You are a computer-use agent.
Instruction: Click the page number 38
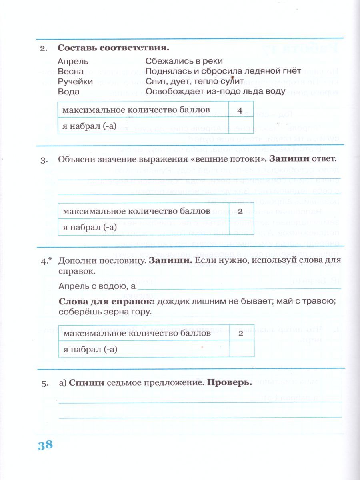click(45, 445)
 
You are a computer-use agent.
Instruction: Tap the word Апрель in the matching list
click(73, 62)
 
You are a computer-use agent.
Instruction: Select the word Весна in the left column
click(71, 72)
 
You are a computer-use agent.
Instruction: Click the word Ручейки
click(75, 82)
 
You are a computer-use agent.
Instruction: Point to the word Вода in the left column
click(68, 92)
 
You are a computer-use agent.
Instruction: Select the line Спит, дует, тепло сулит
click(195, 82)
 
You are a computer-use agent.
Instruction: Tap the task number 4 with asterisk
click(46, 260)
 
